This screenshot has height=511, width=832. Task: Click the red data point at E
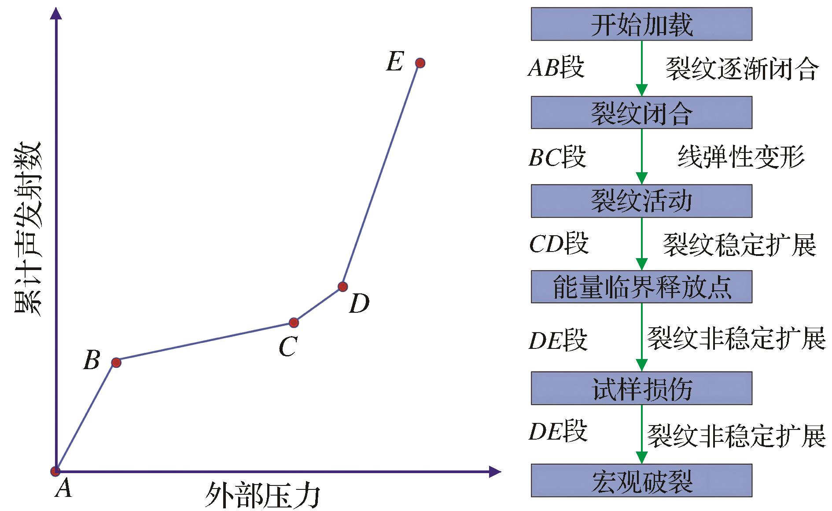tap(420, 63)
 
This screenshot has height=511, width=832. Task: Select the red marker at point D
tap(342, 287)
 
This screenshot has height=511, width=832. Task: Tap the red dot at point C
tap(294, 323)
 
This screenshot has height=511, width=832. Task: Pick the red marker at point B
tap(116, 363)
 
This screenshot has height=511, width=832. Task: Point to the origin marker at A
tap(55, 471)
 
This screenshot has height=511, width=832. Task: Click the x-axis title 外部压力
tap(262, 495)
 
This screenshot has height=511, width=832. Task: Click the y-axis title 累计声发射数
tap(28, 229)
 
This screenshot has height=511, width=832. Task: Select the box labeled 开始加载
tap(641, 24)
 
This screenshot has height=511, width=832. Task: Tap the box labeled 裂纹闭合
tap(641, 113)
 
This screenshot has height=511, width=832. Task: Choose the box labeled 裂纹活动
tap(641, 201)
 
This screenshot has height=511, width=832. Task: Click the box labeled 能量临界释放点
tap(641, 287)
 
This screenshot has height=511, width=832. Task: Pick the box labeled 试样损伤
tap(641, 388)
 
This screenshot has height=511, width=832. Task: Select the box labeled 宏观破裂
tap(641, 480)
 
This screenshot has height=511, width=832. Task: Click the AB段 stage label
tap(556, 68)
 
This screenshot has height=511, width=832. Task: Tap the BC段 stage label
tap(557, 157)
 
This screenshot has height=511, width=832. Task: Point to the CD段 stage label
tap(559, 243)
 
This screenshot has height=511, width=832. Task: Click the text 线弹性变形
tap(741, 157)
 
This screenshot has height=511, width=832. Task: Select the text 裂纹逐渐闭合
tap(742, 69)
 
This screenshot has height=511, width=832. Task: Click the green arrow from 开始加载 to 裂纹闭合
tap(641, 68)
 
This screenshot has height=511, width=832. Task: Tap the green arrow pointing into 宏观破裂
tap(641, 434)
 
